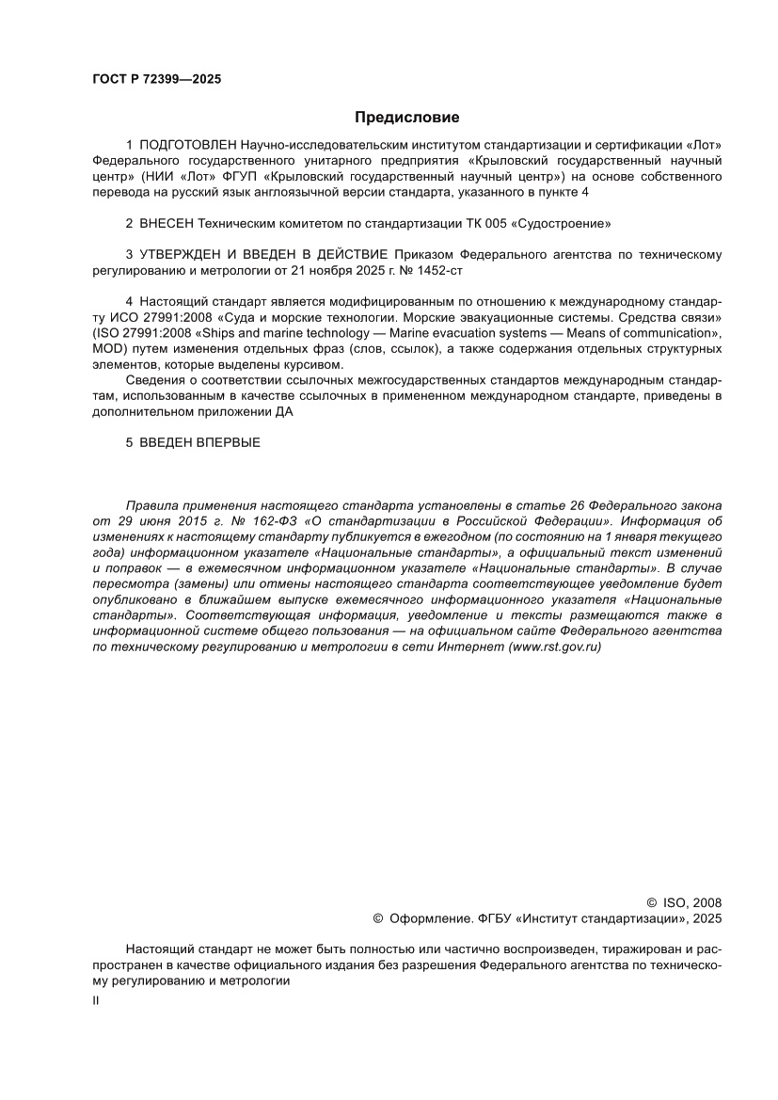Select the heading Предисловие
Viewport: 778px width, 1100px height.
[406, 118]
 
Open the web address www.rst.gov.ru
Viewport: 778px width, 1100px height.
[554, 647]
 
